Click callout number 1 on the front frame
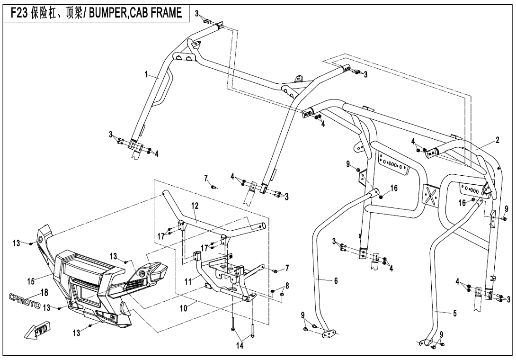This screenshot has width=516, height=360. point(147,74)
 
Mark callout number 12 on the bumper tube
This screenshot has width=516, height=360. point(195,207)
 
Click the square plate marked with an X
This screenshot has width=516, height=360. point(430,194)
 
